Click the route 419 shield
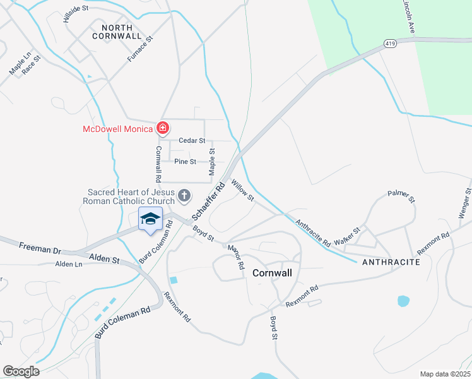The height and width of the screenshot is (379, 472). coord(389,44)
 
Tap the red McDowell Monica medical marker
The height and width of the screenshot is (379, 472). coord(163,128)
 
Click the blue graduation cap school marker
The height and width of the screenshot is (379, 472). coord(150,219)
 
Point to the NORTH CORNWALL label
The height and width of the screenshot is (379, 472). coord(112,32)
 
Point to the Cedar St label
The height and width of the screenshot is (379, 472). coord(192,140)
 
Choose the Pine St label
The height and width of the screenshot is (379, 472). coord(186,162)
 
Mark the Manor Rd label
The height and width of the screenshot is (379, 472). coord(237,257)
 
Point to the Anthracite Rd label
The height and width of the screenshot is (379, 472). coord(313,232)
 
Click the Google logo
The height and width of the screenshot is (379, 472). coord(21,371)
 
